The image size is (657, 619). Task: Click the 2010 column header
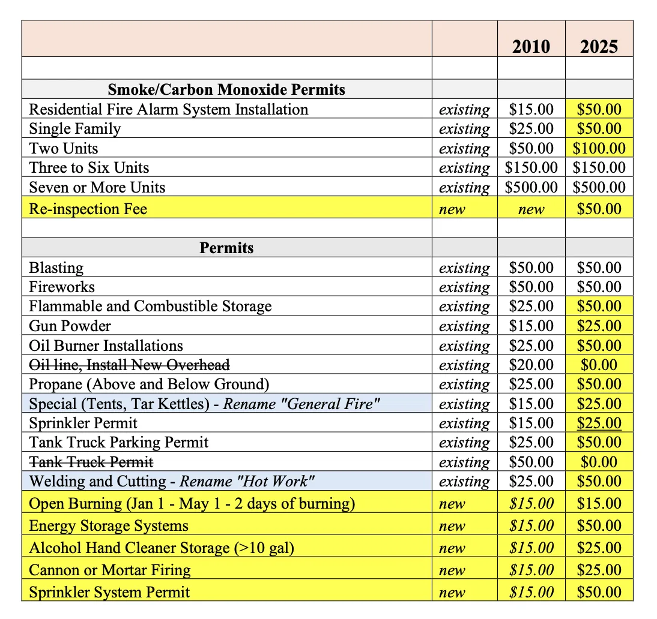531,47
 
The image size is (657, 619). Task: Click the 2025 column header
599,47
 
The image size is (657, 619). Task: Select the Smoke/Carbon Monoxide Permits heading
226,90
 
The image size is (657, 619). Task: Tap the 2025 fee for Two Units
599,148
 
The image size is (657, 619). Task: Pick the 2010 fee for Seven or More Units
531,187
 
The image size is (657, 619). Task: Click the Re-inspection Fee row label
88,209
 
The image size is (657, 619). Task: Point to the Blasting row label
56,268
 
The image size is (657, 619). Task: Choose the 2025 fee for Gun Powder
599,326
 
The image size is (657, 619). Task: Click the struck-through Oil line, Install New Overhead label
129,365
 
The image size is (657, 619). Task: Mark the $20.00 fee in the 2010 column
531,365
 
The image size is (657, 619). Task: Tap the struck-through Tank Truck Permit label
91,462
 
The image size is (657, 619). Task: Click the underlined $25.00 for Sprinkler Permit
599,423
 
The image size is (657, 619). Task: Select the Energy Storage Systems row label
109,526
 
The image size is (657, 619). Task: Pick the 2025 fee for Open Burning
599,504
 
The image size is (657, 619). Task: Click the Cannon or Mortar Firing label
110,570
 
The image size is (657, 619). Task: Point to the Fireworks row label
62,287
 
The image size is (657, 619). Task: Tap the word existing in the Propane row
464,384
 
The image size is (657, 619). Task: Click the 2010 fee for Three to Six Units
531,168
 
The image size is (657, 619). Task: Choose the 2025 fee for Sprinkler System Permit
599,593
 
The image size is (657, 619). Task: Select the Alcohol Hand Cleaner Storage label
162,548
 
